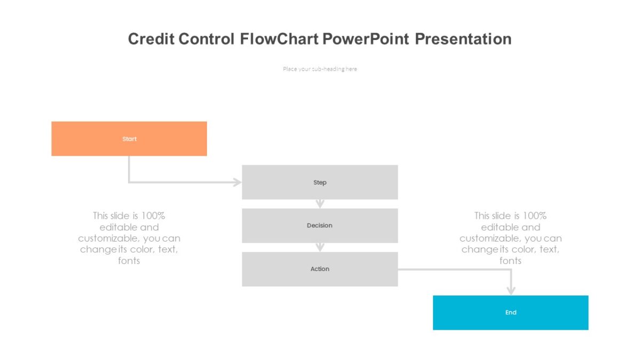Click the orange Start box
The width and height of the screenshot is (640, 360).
point(129,139)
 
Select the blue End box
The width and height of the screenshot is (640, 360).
point(510,313)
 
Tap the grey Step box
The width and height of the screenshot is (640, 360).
point(319,182)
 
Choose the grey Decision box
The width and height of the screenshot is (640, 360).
point(319,226)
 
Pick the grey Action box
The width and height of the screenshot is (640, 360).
point(319,269)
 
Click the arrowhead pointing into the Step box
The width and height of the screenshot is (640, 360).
point(237,182)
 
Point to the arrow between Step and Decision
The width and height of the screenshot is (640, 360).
point(320,204)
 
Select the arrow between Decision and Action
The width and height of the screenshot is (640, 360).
point(320,247)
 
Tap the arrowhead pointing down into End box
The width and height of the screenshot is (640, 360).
point(511,290)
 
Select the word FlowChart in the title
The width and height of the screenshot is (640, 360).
point(279,39)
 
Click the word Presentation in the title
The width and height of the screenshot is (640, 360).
point(463,39)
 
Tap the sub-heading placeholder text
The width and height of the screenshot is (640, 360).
point(320,69)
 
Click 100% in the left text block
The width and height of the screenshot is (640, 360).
point(153,215)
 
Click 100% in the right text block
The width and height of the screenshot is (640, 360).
point(534,215)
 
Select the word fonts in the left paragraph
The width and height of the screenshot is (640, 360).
point(129,261)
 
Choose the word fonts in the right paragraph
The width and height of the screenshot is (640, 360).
point(510,261)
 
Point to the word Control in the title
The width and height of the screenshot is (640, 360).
point(206,39)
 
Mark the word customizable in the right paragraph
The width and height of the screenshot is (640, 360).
point(490,238)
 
